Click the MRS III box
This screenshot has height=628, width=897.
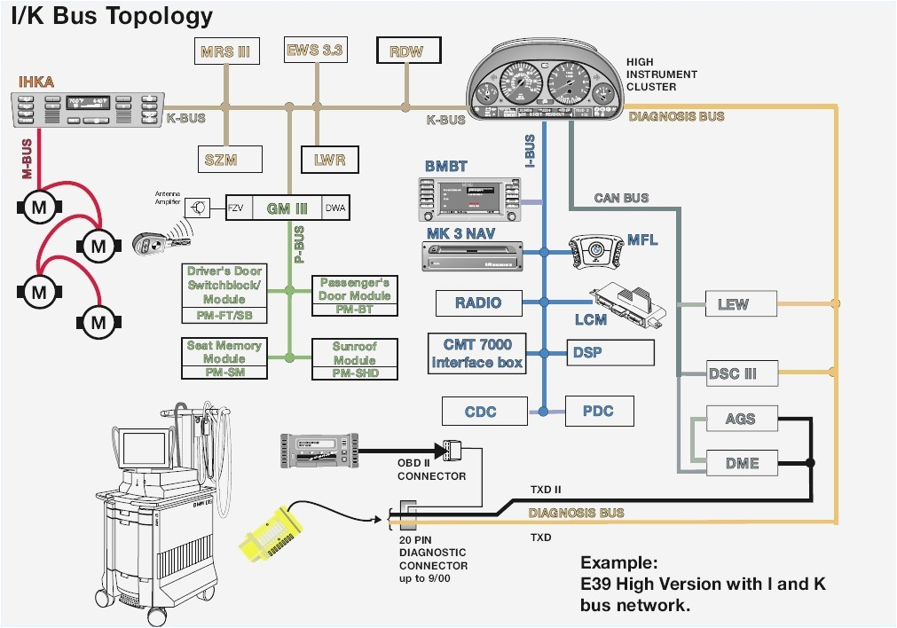click(224, 51)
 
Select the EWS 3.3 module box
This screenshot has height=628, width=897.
click(314, 51)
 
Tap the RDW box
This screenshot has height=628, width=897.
click(406, 51)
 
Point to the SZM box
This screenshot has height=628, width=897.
click(229, 159)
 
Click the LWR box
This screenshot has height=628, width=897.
click(328, 160)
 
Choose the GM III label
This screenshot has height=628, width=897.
click(287, 208)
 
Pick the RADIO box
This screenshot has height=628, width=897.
click(478, 302)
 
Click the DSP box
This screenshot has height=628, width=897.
click(610, 352)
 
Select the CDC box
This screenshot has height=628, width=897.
click(480, 412)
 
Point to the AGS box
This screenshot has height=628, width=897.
click(742, 419)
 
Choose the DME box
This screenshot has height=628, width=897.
click(742, 462)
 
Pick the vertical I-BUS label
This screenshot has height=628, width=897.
click(530, 151)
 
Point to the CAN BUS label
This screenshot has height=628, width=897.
click(621, 198)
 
